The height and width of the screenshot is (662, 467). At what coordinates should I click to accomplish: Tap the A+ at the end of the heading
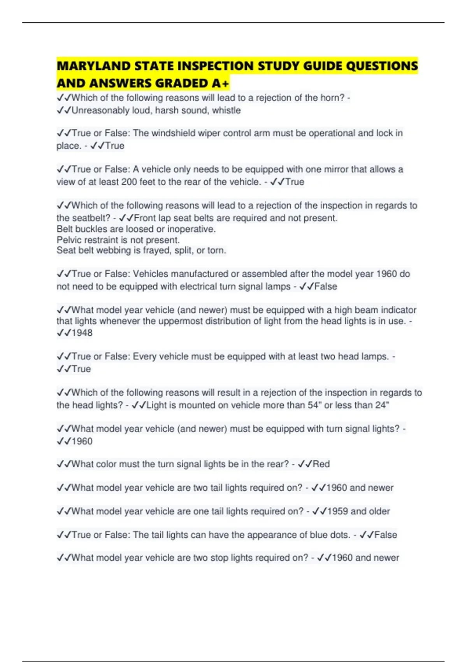221,83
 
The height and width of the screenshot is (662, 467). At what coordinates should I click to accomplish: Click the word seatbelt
88,218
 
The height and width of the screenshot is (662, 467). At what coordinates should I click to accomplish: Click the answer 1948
82,333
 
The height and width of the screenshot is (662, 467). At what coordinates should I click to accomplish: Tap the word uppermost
181,321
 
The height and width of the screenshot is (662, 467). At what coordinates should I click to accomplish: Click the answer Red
321,464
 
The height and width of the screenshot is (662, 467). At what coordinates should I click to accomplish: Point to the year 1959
337,511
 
